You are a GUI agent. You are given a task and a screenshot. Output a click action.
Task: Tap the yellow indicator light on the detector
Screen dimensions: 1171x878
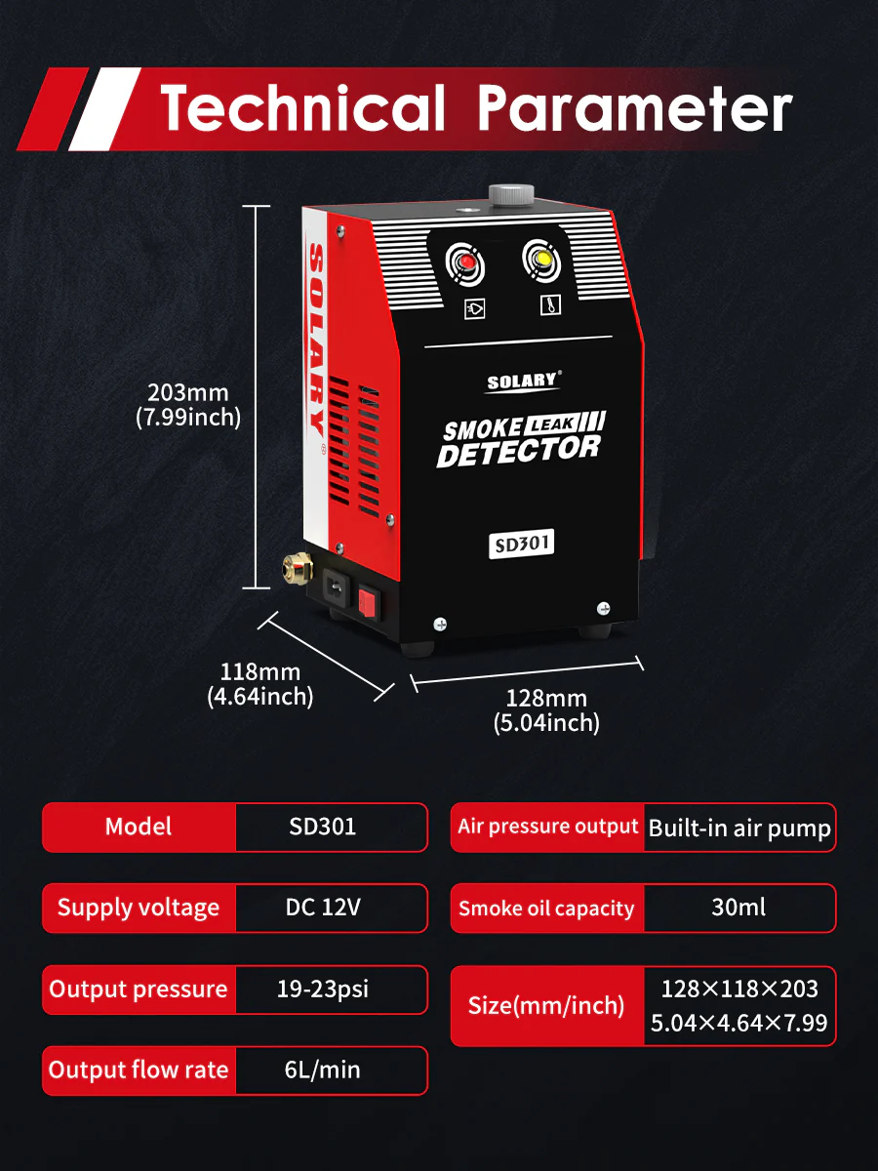click(x=539, y=259)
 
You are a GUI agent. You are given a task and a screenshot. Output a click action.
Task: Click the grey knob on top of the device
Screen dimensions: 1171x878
click(x=512, y=193)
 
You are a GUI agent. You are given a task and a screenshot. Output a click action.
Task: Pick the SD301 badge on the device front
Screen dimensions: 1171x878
click(x=522, y=545)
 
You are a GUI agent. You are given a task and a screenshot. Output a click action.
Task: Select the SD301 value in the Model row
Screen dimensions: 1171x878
click(x=323, y=827)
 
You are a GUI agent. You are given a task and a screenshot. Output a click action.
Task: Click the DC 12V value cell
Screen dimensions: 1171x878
click(x=323, y=908)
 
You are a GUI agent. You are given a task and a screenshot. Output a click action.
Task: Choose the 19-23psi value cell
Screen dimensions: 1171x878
click(x=323, y=989)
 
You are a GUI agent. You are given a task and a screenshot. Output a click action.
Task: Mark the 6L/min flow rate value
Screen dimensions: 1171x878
click(x=323, y=1070)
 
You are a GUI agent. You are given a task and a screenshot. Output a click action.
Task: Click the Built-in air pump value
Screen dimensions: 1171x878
click(x=739, y=828)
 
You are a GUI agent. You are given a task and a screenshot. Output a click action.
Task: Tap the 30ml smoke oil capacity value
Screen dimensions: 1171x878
click(x=738, y=908)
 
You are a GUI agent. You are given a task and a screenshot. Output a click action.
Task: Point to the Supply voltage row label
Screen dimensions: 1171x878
click(x=139, y=908)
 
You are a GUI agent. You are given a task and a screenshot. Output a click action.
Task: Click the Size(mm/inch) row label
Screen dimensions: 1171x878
click(x=546, y=1005)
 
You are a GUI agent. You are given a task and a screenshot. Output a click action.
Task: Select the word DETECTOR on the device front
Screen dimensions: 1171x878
click(x=519, y=452)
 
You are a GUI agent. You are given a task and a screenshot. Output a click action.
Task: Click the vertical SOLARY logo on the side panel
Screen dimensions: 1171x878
click(x=316, y=337)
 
